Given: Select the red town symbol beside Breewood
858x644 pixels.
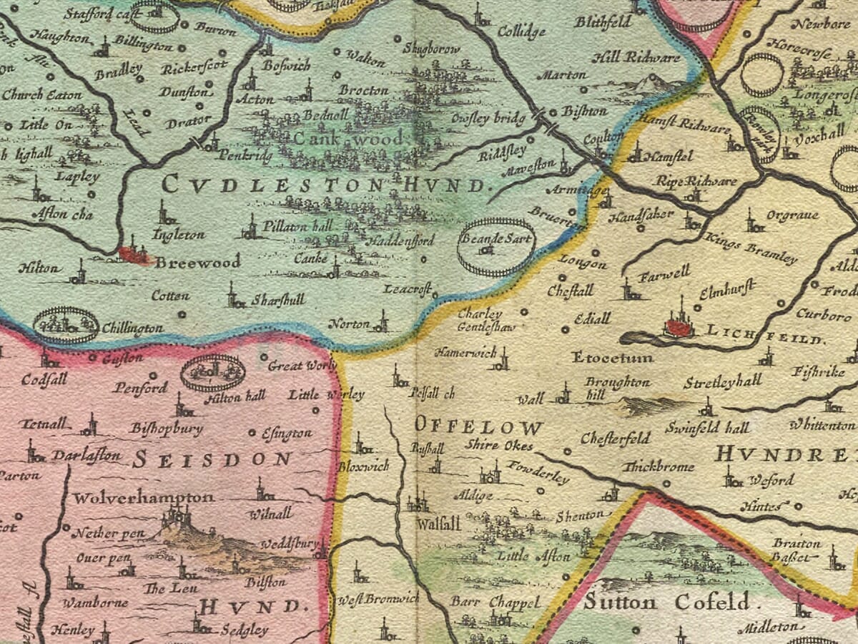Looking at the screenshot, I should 134,254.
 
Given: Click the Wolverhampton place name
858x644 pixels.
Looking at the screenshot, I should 144,497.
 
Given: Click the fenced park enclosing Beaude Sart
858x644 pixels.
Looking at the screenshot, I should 495,246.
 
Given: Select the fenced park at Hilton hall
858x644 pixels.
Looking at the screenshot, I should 212,373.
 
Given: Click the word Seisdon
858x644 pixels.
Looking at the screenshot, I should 212,459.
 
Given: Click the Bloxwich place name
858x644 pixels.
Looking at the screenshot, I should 363,466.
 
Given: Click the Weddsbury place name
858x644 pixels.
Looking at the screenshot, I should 289,545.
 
